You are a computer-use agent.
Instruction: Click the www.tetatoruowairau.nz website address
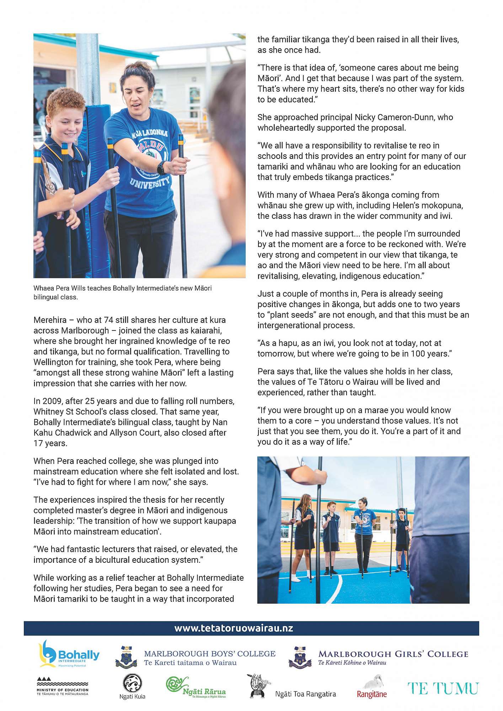point(234,628)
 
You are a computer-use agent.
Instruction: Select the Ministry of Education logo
point(62,686)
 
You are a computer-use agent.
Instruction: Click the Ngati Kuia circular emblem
point(132,683)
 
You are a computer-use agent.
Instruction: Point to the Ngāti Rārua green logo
point(196,687)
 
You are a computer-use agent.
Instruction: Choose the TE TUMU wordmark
point(443,688)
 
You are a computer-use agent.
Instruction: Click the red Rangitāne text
point(371,694)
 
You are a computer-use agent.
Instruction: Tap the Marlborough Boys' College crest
point(127,657)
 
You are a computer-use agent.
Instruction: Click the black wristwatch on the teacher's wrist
point(161,167)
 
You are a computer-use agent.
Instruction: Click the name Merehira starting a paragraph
point(50,320)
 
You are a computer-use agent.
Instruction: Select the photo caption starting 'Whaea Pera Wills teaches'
point(122,292)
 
